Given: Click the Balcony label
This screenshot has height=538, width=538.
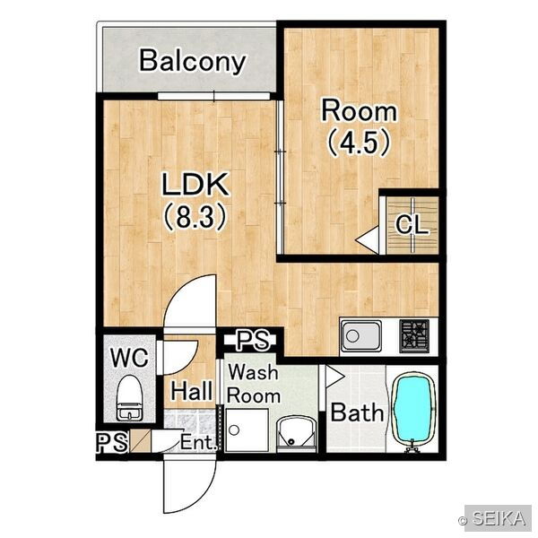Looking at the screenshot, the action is click(x=193, y=61).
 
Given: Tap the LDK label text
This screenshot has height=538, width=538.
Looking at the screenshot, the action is click(x=195, y=184).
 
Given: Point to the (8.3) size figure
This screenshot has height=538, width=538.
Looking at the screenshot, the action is click(x=195, y=217).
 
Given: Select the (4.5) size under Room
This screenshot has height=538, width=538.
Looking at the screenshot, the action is click(x=359, y=143).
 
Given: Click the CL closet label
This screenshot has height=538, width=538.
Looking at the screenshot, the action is click(x=412, y=225).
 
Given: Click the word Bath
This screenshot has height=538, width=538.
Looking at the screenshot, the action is click(x=357, y=412).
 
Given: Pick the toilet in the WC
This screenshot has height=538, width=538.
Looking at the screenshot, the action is click(x=130, y=397).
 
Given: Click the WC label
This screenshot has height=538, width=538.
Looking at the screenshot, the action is click(x=129, y=357).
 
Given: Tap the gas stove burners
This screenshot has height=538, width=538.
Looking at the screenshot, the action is click(x=414, y=335).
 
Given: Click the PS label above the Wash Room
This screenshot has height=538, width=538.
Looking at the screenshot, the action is click(x=254, y=340).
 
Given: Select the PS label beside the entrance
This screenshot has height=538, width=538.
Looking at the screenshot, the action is click(x=112, y=442).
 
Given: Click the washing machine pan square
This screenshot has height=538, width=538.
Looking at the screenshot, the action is click(x=247, y=430).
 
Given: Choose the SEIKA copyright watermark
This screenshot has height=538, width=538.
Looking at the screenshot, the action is click(x=493, y=518).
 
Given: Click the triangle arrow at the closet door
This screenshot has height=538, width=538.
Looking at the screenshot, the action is click(x=367, y=239).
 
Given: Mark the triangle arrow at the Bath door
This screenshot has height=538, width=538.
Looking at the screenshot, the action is click(x=334, y=377).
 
